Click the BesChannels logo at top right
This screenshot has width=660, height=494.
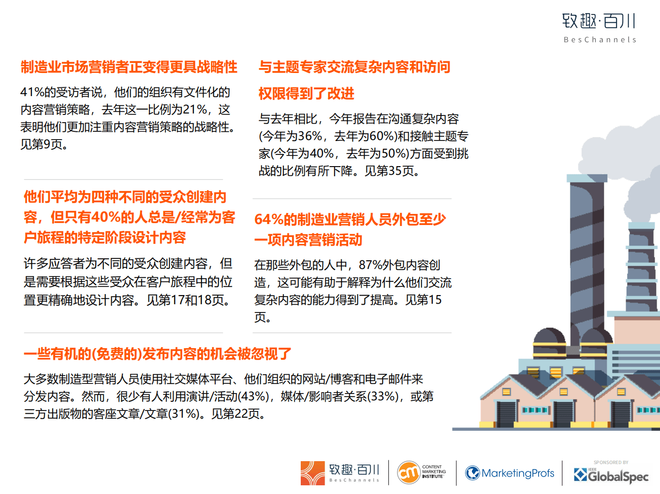(x=599, y=28)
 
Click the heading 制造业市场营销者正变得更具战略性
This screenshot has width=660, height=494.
(x=129, y=67)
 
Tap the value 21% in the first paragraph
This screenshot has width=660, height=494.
(x=195, y=110)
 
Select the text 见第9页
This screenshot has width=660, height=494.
(x=43, y=144)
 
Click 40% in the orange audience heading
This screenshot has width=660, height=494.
(x=105, y=217)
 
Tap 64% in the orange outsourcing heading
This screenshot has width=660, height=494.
(x=269, y=220)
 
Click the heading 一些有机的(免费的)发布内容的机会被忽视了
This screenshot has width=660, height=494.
(x=157, y=354)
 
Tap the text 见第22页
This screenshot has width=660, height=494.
(x=237, y=414)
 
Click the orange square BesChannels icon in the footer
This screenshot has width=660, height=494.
(x=312, y=473)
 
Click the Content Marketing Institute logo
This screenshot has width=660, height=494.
(x=421, y=472)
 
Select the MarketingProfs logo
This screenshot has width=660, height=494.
(x=510, y=473)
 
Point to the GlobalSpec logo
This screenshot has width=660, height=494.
(x=611, y=475)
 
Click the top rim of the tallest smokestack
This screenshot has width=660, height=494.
(x=587, y=178)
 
